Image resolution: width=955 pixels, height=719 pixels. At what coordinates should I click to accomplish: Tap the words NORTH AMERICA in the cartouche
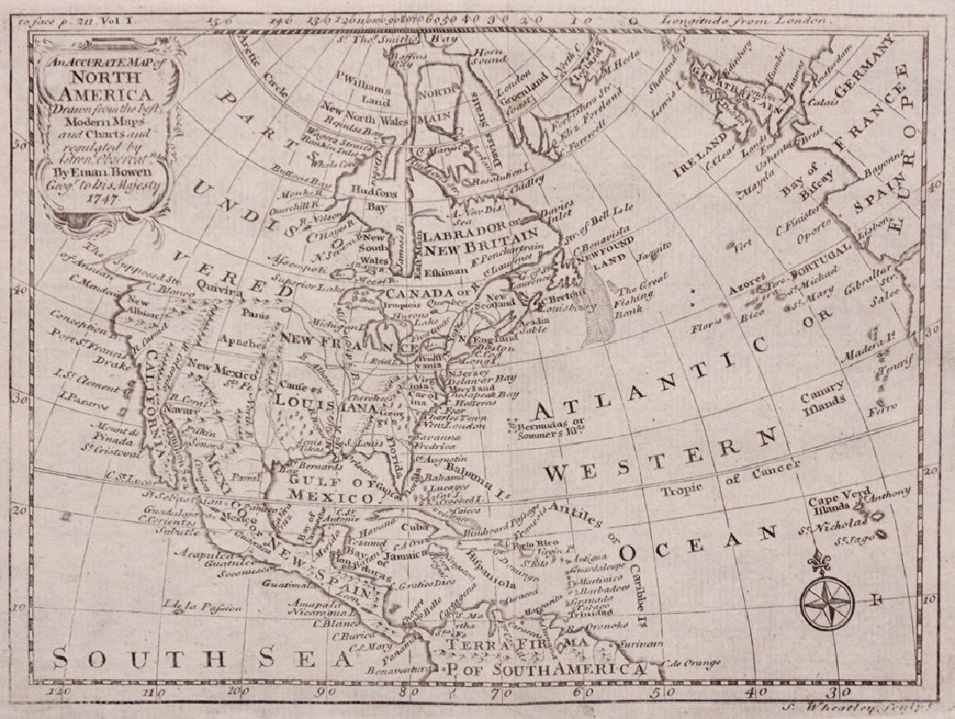point(103,86)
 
